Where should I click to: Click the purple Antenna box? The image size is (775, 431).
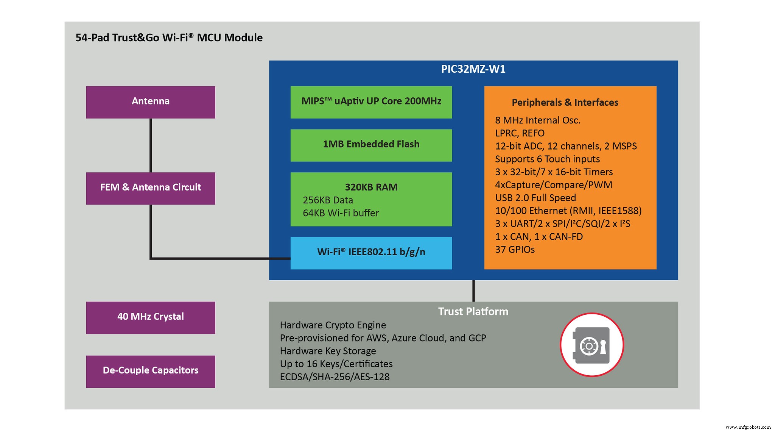pos(150,102)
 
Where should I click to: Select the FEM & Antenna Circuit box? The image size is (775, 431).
pos(150,188)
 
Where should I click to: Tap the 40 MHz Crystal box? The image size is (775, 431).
pos(150,317)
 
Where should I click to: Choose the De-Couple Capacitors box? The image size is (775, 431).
pos(150,371)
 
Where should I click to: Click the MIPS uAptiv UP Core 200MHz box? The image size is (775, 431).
pos(371,102)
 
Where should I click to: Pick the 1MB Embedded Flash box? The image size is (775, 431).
pos(371,145)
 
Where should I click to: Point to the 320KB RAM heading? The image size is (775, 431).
pos(371,187)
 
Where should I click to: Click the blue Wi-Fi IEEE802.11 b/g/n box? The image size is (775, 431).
pos(371,253)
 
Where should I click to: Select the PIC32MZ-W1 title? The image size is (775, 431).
pos(473,69)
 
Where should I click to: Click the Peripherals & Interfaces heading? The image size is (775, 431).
pos(565,103)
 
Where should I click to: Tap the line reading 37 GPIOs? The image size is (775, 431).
pos(515,250)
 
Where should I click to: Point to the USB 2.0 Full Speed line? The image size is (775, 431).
pos(535,198)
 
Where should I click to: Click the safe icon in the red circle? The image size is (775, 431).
pos(591,345)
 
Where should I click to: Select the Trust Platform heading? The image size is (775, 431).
pos(473,312)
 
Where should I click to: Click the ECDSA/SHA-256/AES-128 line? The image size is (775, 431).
pos(335,377)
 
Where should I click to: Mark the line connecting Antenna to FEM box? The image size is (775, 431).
pos(151,145)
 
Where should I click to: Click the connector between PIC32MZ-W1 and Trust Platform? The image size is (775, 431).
pos(473,291)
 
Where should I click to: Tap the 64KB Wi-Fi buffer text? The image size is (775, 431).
pos(341,213)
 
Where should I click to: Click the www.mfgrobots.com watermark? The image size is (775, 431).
pos(748,427)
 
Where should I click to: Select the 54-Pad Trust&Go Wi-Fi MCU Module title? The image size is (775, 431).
pos(169,38)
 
